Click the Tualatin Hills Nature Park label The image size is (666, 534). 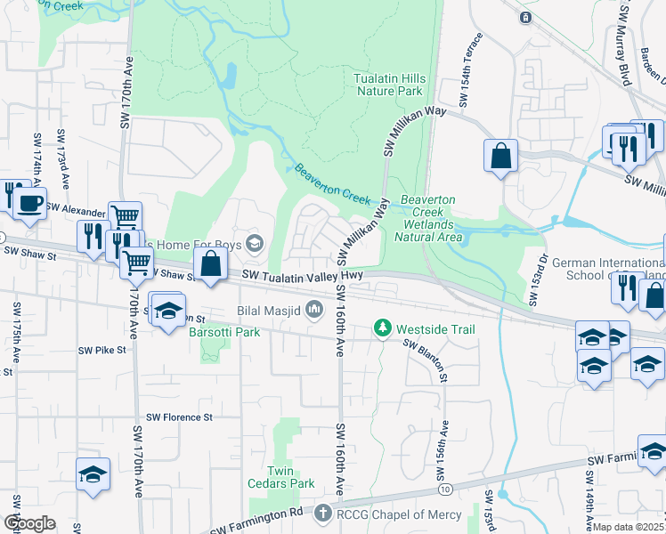tap(390, 85)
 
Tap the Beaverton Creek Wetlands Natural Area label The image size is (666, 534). tap(430, 218)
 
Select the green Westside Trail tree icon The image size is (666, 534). tap(383, 329)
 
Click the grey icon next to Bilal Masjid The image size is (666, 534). tap(313, 310)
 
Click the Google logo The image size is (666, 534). tap(30, 522)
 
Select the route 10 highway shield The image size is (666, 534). tap(444, 489)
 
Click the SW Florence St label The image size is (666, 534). tap(180, 417)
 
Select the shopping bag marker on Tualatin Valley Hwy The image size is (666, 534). tap(209, 265)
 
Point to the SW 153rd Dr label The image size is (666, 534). tap(538, 280)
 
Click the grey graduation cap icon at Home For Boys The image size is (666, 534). tap(256, 243)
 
